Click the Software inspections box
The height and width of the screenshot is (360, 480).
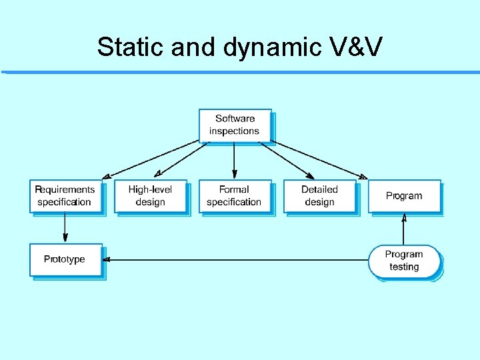pos(235,125)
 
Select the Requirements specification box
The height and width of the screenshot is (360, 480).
pos(65,196)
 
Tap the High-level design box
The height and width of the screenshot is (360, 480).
pos(150,196)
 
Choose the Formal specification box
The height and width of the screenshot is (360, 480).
pos(235,196)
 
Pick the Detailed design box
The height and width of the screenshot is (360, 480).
pos(319,196)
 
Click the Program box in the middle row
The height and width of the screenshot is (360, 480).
pos(404,196)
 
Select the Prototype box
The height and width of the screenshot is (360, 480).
pos(65,259)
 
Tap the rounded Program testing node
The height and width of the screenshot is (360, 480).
pos(404,261)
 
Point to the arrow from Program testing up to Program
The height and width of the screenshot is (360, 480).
pos(404,229)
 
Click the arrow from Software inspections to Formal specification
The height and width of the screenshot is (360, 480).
pos(235,160)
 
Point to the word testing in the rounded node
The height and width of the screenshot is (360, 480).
pos(404,267)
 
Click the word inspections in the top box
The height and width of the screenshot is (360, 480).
pos(235,131)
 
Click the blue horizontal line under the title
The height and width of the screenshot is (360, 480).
pos(240,72)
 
